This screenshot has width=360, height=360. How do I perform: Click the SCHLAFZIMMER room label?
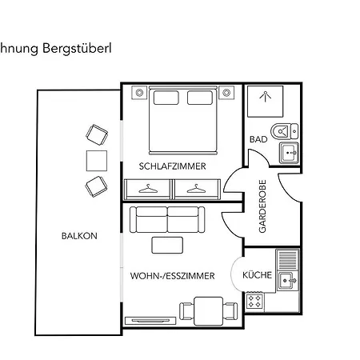[172, 166]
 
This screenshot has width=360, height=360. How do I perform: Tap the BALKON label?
[79, 236]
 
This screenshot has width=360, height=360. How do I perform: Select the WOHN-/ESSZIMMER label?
[172, 276]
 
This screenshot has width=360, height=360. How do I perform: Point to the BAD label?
[258, 139]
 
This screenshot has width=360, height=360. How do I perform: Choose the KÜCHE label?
[257, 276]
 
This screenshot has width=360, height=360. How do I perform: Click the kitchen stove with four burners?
[255, 302]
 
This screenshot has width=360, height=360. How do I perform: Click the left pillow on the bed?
[166, 98]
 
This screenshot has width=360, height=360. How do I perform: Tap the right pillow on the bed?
[200, 98]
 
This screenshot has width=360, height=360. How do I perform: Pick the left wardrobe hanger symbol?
[148, 190]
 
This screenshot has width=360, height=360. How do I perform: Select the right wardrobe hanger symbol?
[194, 190]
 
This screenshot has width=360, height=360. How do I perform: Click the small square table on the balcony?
[96, 160]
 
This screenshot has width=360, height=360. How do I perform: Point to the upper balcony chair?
[98, 134]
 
